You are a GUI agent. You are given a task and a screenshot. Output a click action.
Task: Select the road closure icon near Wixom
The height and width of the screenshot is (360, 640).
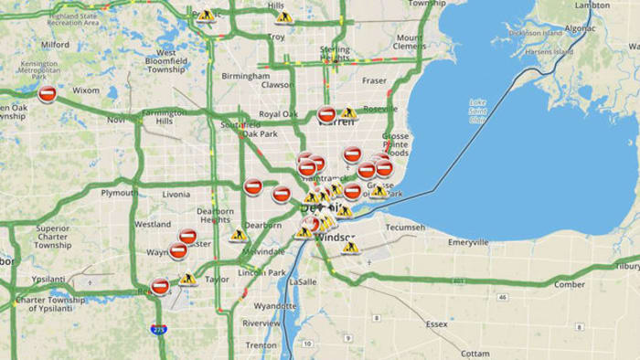[x=49, y=92]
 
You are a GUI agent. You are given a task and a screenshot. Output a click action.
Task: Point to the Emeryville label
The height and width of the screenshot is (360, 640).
[x=468, y=241]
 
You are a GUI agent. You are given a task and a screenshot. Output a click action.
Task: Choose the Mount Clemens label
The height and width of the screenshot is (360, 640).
[x=409, y=42]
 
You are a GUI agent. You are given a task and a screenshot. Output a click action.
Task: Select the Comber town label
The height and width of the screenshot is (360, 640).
[x=569, y=284]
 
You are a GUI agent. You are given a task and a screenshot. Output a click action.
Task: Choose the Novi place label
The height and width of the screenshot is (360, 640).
[x=115, y=120]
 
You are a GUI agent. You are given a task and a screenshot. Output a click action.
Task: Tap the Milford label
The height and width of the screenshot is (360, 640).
[x=54, y=43]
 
